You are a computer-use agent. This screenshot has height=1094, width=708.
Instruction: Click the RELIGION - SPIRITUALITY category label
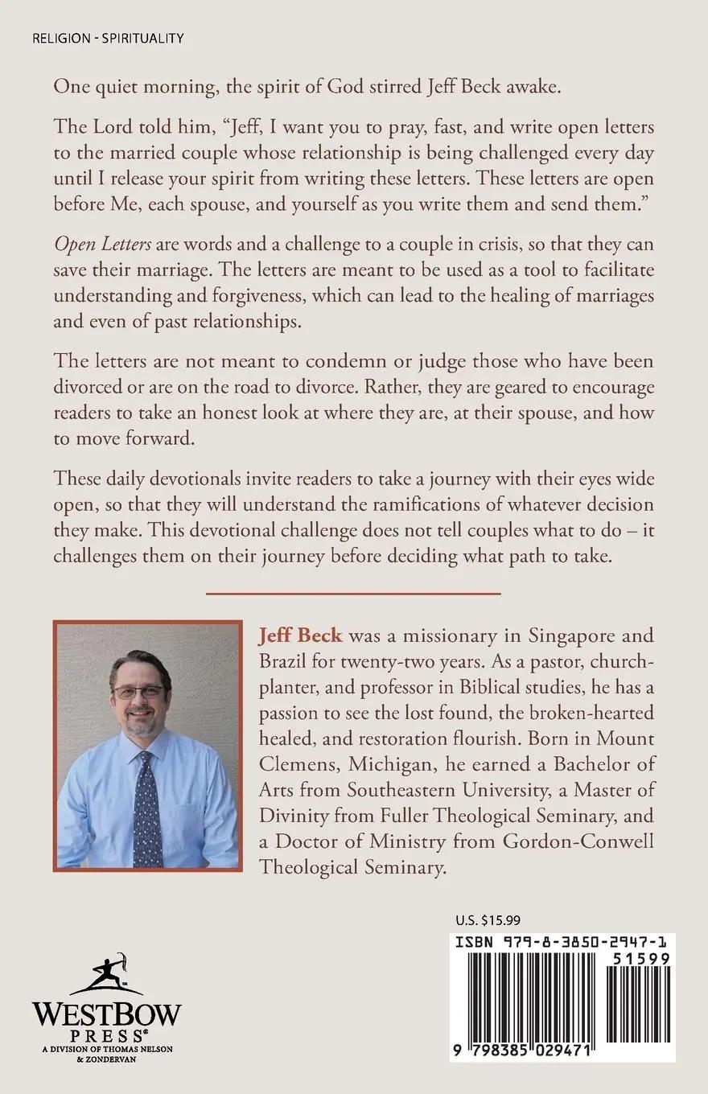tap(108, 38)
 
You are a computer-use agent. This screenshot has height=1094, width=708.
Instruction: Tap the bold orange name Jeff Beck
tap(300, 635)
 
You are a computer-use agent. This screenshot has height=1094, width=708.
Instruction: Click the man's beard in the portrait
tap(138, 722)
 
